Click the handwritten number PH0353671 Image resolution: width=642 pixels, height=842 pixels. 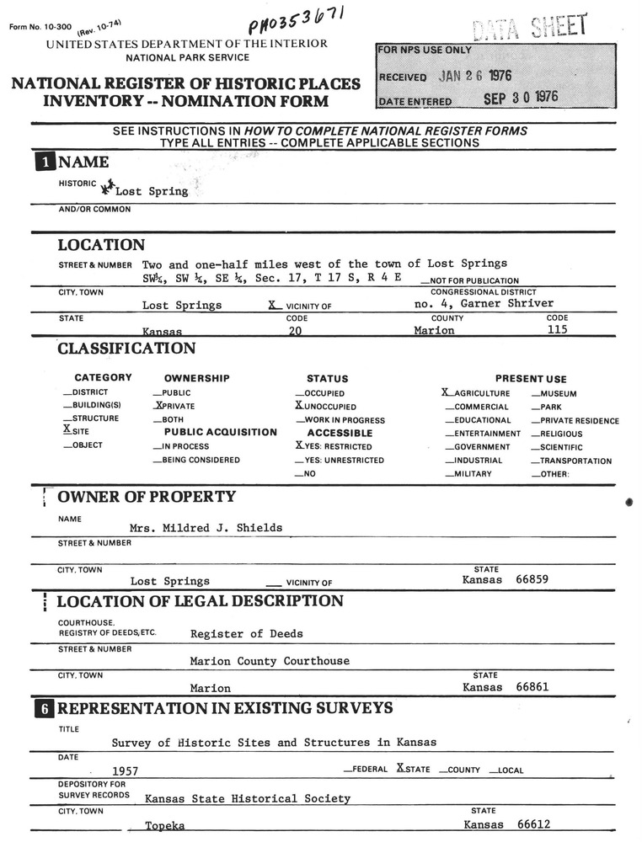(x=290, y=23)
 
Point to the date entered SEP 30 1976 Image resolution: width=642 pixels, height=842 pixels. (x=521, y=98)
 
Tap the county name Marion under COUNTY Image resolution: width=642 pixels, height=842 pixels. (x=434, y=331)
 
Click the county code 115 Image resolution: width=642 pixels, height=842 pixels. (x=557, y=330)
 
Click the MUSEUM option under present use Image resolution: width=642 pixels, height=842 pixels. (x=558, y=393)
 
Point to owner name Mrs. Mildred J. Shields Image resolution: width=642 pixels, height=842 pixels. (x=206, y=528)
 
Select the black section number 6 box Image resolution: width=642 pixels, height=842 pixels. (x=45, y=709)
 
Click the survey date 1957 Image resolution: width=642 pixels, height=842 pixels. (x=125, y=770)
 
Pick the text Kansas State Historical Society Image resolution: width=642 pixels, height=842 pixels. (x=248, y=798)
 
